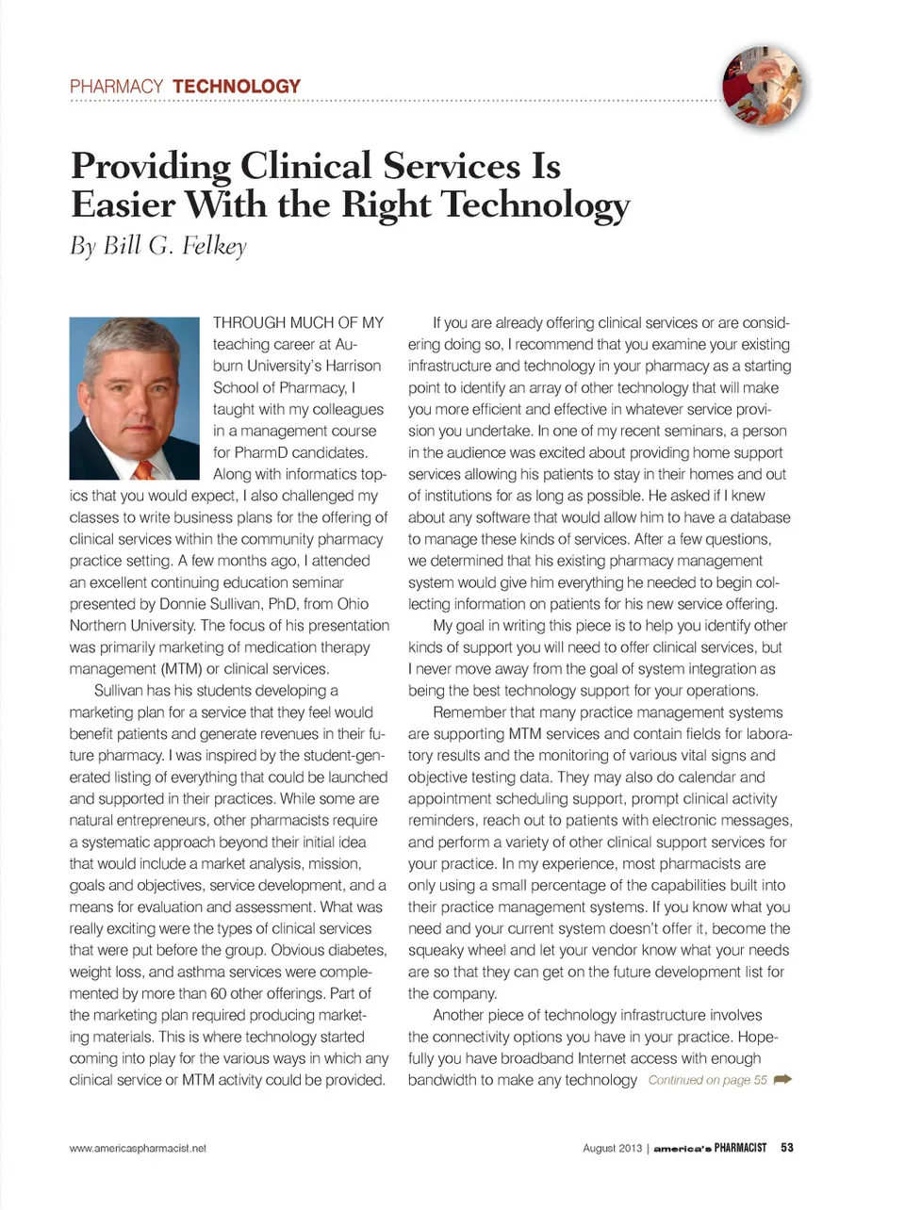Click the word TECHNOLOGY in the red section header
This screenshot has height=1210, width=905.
(x=236, y=87)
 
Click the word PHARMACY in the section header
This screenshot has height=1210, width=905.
(x=116, y=87)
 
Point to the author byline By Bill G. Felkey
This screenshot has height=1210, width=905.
(x=158, y=246)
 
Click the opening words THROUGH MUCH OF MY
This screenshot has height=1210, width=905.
(x=298, y=322)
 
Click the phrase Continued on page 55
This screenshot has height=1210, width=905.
(x=707, y=1080)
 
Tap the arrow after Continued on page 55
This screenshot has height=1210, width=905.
(x=782, y=1080)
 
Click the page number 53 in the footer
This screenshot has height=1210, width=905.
(x=786, y=1148)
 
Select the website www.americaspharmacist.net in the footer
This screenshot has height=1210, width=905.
(x=138, y=1148)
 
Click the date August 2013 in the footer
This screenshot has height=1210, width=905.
(x=612, y=1148)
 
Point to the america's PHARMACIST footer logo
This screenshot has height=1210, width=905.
(x=710, y=1148)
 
